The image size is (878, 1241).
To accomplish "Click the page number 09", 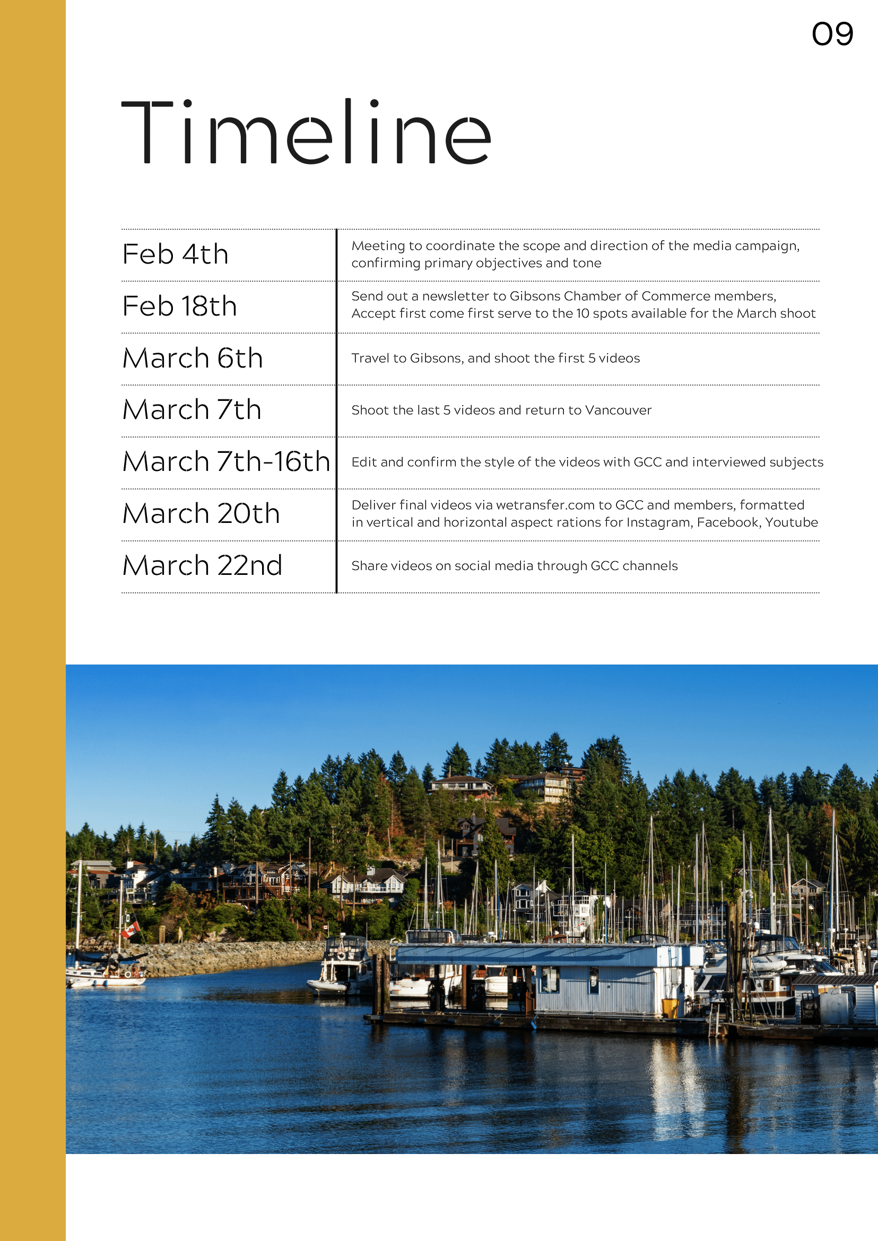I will [832, 34].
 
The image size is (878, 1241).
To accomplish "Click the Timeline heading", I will [306, 133].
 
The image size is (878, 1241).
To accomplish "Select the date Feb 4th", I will [175, 254].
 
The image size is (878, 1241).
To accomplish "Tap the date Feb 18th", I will [179, 306].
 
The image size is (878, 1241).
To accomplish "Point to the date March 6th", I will [193, 358].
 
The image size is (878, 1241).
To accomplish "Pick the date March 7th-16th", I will [226, 461].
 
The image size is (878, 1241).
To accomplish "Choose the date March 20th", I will [201, 513].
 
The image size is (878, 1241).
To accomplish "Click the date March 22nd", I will [202, 565].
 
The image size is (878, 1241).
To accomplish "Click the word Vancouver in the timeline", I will [618, 410].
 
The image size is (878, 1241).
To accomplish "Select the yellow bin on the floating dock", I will [670, 1008].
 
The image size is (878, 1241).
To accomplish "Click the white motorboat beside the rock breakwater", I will [342, 967].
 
